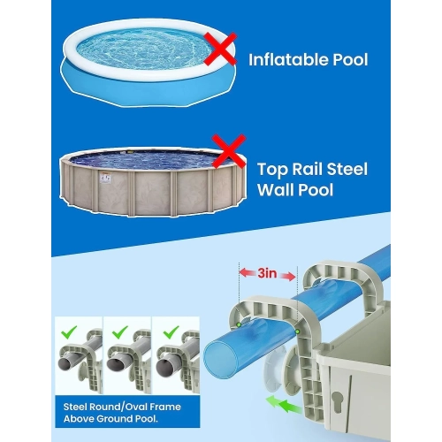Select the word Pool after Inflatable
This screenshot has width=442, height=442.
(348, 61)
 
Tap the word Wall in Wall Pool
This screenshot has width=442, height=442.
(277, 189)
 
